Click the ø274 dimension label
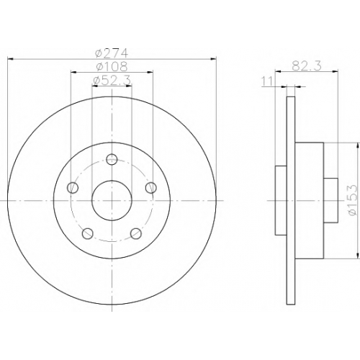[112, 53]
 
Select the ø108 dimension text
[112, 66]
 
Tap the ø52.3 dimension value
[112, 81]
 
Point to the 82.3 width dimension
[307, 66]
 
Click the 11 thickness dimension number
[267, 81]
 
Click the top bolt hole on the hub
[112, 159]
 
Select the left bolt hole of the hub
[73, 187]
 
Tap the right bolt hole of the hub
[151, 187]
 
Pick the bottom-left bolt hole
[88, 233]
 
